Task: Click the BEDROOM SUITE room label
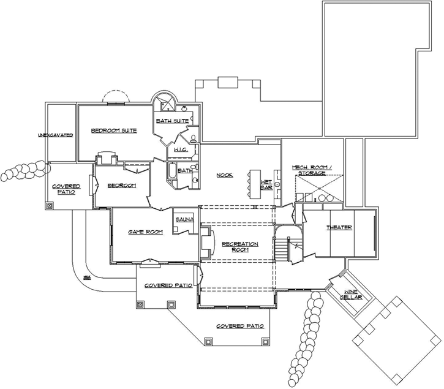click(x=113, y=130)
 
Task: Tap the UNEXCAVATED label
click(x=55, y=135)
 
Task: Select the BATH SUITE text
click(x=171, y=121)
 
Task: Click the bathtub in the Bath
click(x=172, y=171)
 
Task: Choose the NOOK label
click(x=225, y=175)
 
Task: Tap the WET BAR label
click(x=266, y=185)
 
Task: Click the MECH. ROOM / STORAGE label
click(x=312, y=170)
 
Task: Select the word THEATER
click(x=339, y=228)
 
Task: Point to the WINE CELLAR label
click(x=351, y=295)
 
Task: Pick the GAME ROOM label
click(x=145, y=232)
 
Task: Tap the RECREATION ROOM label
click(x=240, y=247)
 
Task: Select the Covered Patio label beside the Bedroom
click(x=66, y=189)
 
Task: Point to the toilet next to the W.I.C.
click(x=192, y=138)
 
